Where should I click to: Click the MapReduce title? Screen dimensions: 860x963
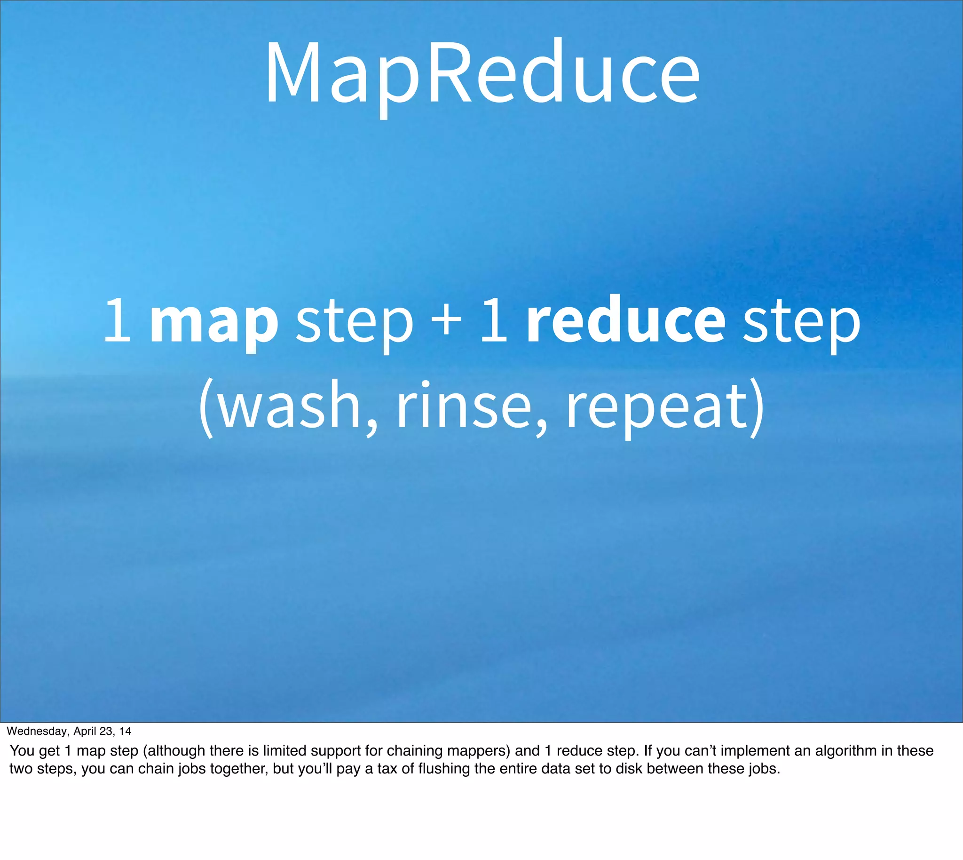482,73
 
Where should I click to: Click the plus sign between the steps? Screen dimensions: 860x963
446,321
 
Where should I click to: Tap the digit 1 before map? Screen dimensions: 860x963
117,321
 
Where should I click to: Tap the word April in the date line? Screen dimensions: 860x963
85,731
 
